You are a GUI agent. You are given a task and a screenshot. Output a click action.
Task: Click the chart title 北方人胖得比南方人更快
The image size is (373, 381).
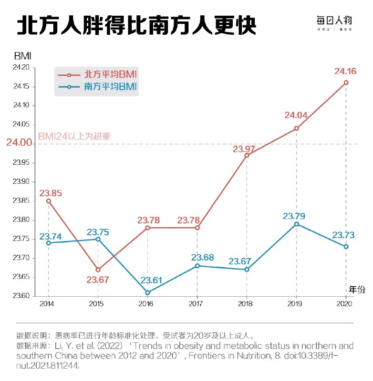136,27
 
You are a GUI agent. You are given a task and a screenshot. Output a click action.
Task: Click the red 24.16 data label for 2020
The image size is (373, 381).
346,71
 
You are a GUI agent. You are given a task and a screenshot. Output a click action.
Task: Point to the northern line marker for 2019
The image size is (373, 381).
296,129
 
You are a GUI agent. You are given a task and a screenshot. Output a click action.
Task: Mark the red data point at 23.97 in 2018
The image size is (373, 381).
247,155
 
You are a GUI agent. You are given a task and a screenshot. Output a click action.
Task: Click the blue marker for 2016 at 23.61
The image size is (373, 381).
147,292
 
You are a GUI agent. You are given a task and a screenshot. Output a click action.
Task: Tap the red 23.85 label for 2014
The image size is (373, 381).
51,193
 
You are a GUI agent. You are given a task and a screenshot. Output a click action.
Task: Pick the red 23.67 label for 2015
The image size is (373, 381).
98,280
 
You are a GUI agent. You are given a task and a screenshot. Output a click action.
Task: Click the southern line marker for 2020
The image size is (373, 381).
346,247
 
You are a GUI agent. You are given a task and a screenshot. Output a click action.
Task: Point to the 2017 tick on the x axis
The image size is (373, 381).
196,303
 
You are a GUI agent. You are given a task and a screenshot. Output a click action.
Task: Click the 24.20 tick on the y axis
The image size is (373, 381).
21,68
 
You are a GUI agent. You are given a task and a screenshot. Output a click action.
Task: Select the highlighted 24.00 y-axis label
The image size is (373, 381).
19,143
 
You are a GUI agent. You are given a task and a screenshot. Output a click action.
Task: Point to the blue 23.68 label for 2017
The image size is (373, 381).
203,258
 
